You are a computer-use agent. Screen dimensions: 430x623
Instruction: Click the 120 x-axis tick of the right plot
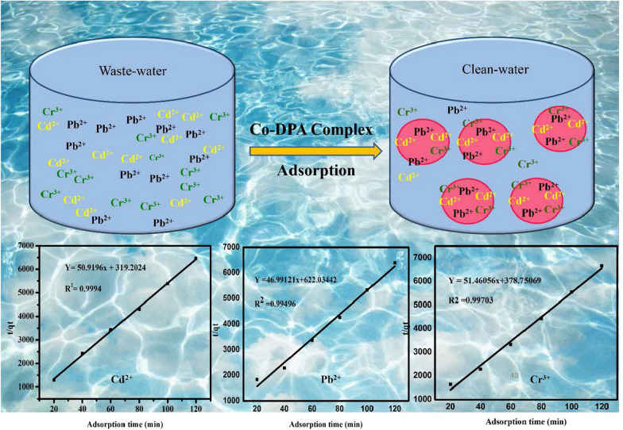click(602, 405)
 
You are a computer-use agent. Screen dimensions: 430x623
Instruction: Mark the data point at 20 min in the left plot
click(54, 380)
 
